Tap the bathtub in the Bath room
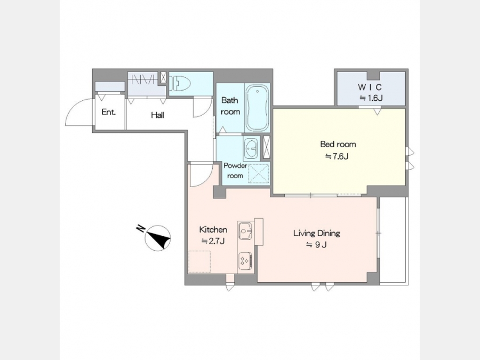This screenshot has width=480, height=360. pyautogui.click(x=258, y=108)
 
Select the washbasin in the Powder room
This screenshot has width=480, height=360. pyautogui.click(x=251, y=148)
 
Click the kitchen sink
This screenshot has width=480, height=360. pyautogui.click(x=245, y=231)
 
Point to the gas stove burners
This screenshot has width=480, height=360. pyautogui.click(x=245, y=261)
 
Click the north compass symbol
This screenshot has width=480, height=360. pyautogui.click(x=158, y=238)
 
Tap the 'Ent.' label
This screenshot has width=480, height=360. pyautogui.click(x=109, y=112)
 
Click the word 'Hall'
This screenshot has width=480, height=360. pyautogui.click(x=158, y=115)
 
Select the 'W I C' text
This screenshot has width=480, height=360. pyautogui.click(x=370, y=87)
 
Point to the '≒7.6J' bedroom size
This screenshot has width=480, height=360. pyautogui.click(x=337, y=157)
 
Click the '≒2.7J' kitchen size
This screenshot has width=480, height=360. pyautogui.click(x=213, y=241)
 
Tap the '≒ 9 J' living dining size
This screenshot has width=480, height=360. pyautogui.click(x=316, y=245)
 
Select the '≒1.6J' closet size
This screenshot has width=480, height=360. pyautogui.click(x=371, y=98)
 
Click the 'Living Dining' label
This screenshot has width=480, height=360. pyautogui.click(x=317, y=233)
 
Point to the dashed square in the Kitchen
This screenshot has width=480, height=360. pyautogui.click(x=199, y=261)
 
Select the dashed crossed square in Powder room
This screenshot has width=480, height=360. pyautogui.click(x=258, y=173)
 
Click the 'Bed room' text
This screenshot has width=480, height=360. pyautogui.click(x=338, y=144)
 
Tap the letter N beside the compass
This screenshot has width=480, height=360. pyautogui.click(x=140, y=229)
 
